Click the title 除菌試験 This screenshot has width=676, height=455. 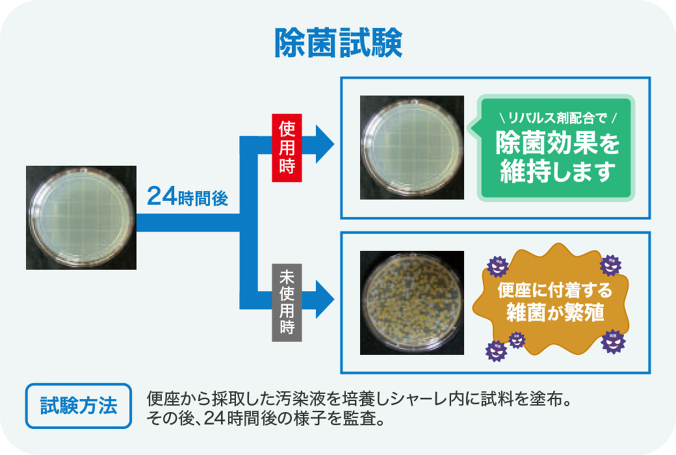point(338,44)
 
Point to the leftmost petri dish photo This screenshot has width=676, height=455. point(81,217)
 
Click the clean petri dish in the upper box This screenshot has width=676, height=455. point(412,147)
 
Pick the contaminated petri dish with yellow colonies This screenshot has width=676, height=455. point(412,303)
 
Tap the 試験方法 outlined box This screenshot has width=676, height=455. point(79,407)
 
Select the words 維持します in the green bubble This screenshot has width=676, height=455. point(557,173)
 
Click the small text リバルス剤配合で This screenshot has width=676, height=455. point(556,118)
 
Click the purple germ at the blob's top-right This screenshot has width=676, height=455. point(610,265)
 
